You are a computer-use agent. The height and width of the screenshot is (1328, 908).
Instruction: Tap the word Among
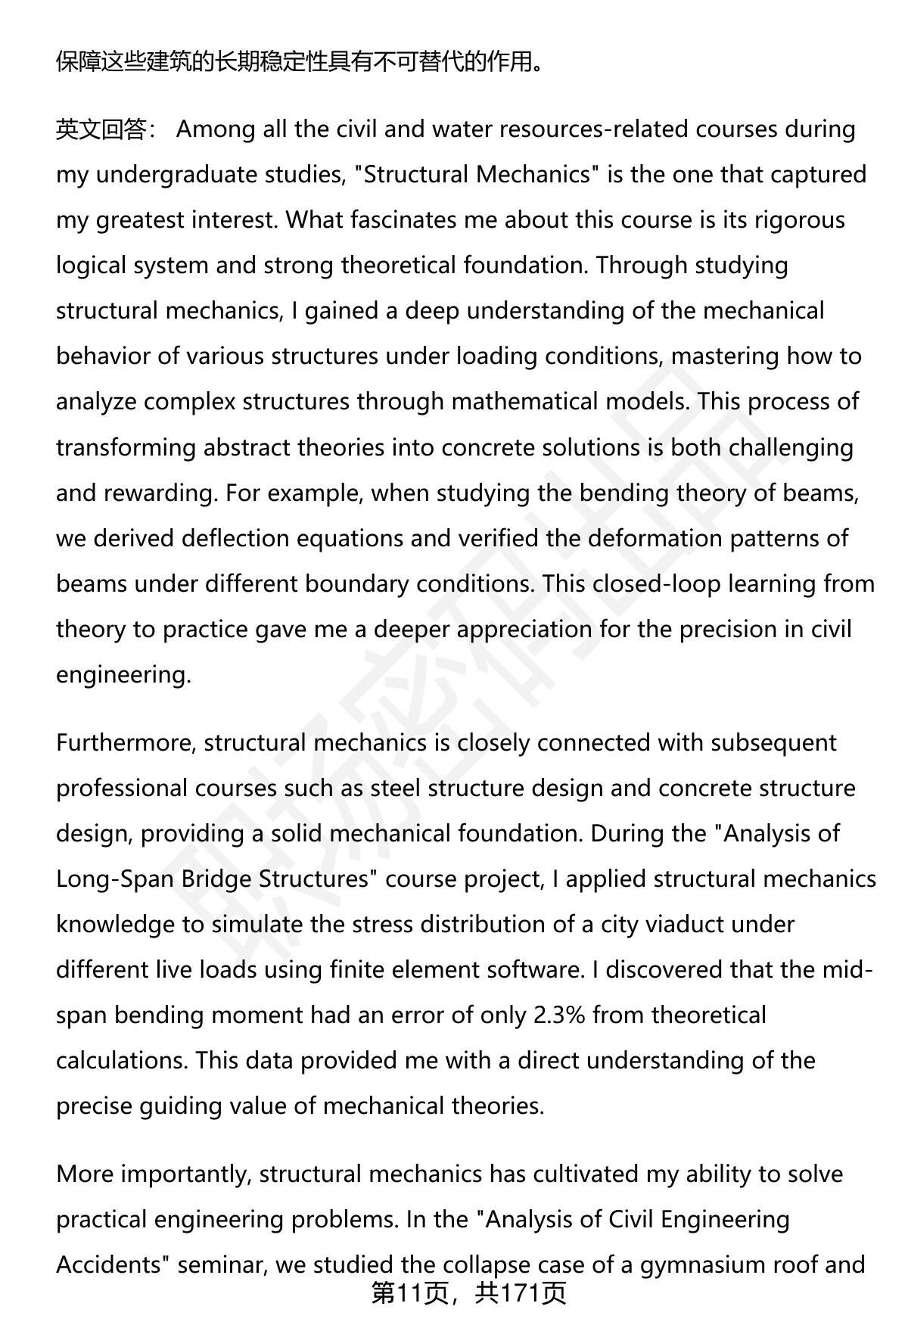pyautogui.click(x=216, y=130)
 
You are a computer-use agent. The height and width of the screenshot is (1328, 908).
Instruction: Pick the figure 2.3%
pyautogui.click(x=559, y=1015)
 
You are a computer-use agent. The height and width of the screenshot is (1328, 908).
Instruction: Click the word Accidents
pyautogui.click(x=113, y=1265)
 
